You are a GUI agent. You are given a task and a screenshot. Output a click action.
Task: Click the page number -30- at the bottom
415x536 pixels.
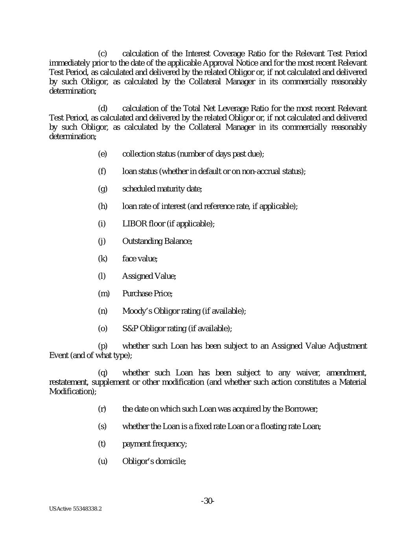click(x=207, y=501)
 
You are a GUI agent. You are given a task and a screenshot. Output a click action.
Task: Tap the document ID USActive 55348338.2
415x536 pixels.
click(x=76, y=509)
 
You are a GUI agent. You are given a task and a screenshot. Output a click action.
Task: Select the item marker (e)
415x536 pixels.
click(x=102, y=154)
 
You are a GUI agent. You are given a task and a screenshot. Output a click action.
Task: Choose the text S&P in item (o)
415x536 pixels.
click(x=130, y=328)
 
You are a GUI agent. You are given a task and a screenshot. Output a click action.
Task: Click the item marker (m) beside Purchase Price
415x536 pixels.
click(x=103, y=293)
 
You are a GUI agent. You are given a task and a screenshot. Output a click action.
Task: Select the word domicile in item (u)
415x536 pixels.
click(x=172, y=461)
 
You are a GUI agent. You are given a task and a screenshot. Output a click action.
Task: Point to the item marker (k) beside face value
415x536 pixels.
click(x=102, y=258)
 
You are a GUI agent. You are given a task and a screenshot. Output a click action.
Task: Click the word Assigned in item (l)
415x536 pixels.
click(x=136, y=276)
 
